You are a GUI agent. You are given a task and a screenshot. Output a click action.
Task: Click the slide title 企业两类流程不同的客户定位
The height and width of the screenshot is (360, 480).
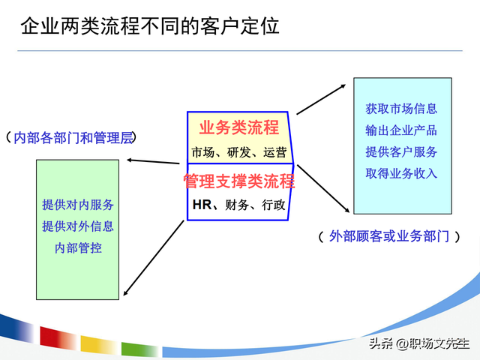point(149,27)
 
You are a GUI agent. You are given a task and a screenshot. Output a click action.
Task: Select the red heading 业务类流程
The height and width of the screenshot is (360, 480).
point(238,127)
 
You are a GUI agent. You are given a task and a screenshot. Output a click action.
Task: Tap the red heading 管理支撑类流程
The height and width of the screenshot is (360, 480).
point(238,181)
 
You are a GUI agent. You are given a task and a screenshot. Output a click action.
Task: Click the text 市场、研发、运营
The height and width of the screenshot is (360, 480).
point(238,152)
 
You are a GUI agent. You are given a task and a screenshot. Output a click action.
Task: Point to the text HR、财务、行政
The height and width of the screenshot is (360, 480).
point(238,205)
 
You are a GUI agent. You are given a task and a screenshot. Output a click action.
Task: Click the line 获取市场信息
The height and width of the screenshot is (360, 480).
point(401,109)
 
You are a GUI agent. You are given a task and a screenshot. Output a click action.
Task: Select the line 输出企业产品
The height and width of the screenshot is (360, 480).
point(401,130)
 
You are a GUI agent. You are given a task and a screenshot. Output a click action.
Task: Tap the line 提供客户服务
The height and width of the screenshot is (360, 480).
point(401,151)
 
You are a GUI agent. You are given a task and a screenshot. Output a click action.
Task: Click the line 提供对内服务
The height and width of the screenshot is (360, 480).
point(78,205)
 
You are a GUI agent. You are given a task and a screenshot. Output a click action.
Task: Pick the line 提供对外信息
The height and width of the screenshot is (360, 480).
point(78,226)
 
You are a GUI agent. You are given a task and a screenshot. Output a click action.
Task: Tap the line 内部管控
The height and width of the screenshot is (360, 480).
point(78,247)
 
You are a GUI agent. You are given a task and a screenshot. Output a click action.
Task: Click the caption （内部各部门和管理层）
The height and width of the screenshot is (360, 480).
point(73,138)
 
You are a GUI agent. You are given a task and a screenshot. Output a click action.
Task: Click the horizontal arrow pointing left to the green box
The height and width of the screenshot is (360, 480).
point(155,160)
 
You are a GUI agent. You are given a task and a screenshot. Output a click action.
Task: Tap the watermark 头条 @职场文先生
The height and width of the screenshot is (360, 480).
point(421,343)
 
